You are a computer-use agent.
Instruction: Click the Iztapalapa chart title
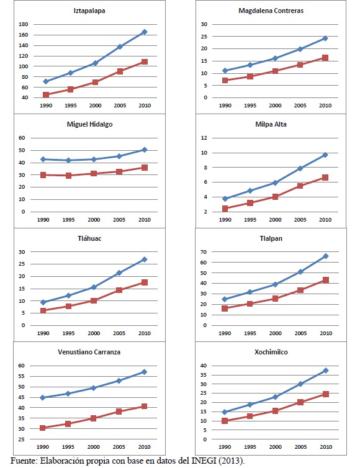[89, 11]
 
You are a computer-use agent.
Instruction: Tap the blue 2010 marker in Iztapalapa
[145, 32]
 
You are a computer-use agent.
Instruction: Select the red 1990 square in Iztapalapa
[46, 94]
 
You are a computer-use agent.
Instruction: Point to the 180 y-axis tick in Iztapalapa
[24, 24]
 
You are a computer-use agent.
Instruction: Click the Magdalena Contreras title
[271, 11]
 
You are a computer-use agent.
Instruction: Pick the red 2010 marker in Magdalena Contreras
[325, 58]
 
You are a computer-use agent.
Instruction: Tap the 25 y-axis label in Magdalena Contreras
[204, 37]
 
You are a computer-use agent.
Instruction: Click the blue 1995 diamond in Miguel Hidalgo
[68, 160]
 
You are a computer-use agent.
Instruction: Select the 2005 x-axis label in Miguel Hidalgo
[119, 220]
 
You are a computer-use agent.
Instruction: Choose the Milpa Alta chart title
[271, 124]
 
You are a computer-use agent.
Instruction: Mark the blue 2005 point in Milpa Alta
[300, 168]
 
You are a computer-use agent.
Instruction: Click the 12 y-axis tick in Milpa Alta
[204, 138]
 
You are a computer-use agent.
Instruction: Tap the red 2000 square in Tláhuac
[94, 300]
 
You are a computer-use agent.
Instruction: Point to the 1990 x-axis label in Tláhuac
[43, 333]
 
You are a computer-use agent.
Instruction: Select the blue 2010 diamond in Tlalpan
[326, 256]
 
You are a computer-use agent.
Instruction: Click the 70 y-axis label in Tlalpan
[204, 252]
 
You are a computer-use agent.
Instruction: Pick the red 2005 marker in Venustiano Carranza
[119, 412]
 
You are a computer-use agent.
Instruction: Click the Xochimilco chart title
[271, 352]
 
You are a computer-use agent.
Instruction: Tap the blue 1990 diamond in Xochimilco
[225, 412]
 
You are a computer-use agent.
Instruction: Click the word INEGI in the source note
[204, 461]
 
